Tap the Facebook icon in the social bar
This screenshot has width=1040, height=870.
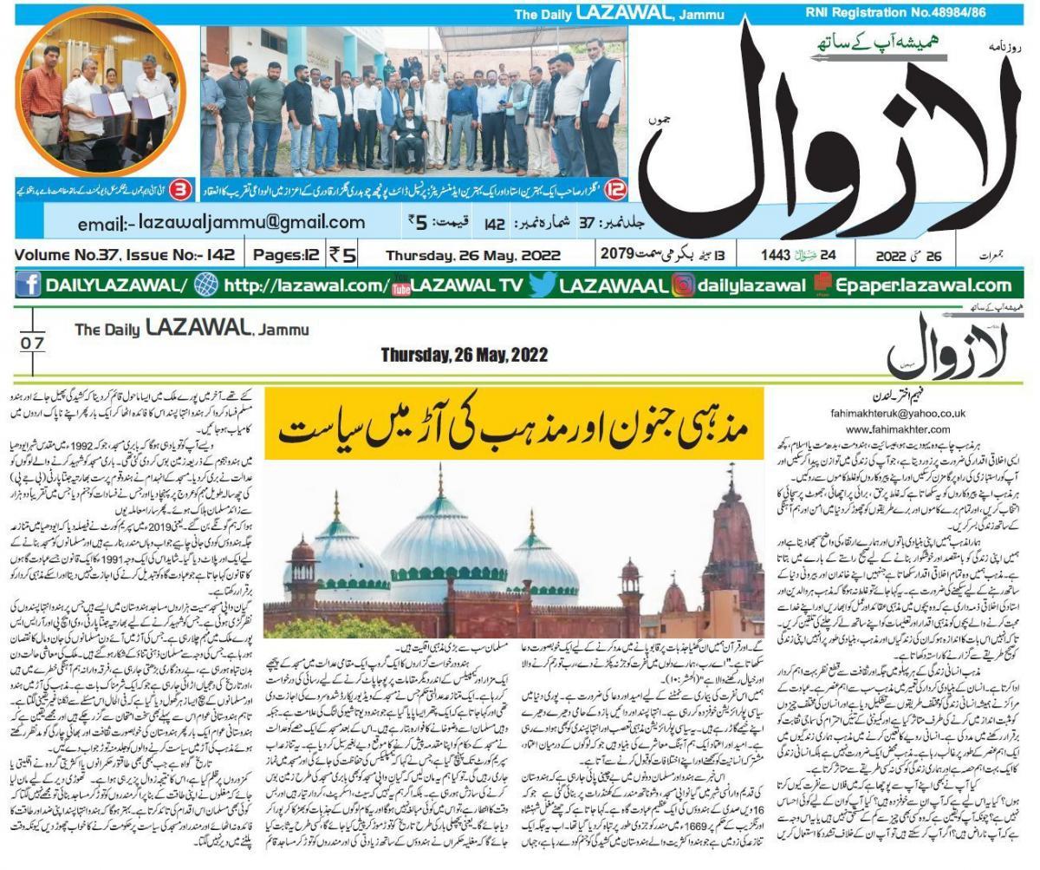click(x=28, y=285)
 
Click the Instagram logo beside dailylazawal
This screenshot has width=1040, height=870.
click(x=683, y=285)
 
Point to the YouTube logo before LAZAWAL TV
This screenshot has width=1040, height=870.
click(x=400, y=285)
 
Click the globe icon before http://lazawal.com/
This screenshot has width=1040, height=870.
click(x=206, y=285)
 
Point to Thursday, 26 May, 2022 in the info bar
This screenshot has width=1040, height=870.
click(x=473, y=256)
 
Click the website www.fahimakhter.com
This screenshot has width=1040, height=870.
click(x=906, y=429)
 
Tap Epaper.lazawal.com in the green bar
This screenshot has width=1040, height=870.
click(x=923, y=285)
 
